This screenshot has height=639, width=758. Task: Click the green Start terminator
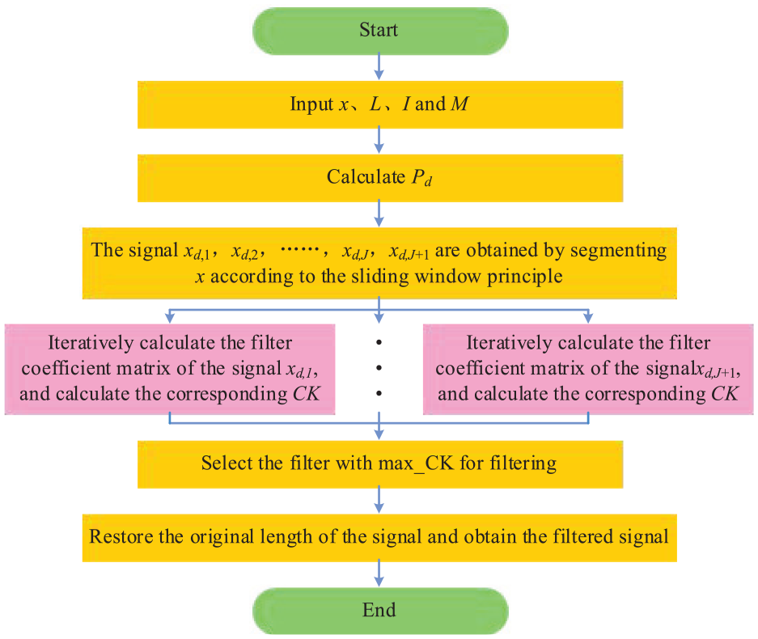(380, 31)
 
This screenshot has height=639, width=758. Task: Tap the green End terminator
(380, 611)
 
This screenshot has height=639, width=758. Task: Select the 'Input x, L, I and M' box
(380, 104)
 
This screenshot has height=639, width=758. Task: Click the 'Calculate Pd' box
(380, 178)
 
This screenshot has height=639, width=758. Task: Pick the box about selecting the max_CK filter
(380, 464)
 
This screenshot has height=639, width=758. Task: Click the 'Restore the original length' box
(379, 538)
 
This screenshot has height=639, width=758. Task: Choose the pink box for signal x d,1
(170, 370)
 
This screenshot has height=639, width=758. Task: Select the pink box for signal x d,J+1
(588, 370)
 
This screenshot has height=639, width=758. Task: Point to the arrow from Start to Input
(379, 67)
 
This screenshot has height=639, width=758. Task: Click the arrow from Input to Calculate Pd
(379, 141)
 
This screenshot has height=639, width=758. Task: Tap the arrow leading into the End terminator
(379, 573)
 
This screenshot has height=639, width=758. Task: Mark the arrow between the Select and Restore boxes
(379, 500)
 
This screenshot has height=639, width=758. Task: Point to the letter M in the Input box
(459, 104)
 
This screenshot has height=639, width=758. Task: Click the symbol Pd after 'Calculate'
(421, 178)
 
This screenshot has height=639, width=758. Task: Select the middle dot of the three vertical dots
(379, 368)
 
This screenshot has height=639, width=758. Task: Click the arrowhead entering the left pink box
(170, 318)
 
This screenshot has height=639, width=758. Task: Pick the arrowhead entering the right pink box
(588, 318)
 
